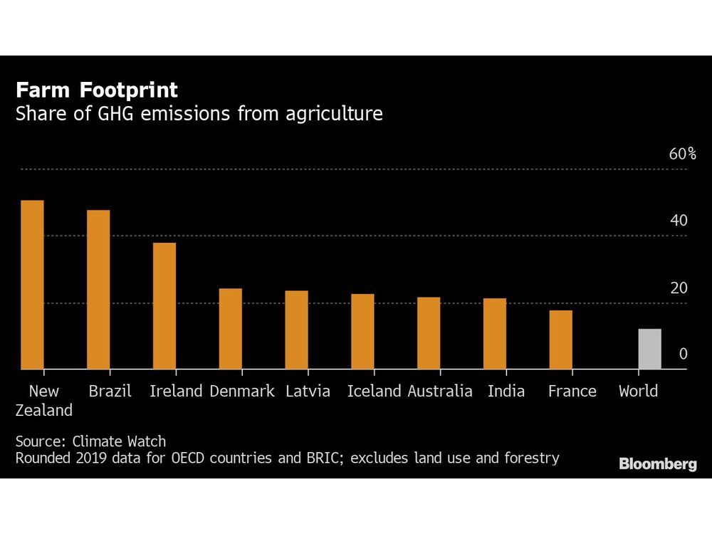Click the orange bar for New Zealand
click(32, 285)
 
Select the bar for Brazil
click(98, 290)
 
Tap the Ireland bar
click(164, 306)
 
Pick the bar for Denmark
click(230, 329)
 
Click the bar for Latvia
click(296, 330)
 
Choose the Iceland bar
click(362, 332)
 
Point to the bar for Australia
click(429, 333)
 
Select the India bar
click(494, 334)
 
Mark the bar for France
click(560, 340)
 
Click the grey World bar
click(649, 349)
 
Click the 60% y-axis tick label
click(681, 155)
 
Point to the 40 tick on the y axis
click(679, 221)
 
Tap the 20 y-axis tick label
click(679, 288)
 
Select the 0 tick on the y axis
click(683, 354)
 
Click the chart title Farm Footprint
click(97, 90)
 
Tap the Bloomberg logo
click(657, 464)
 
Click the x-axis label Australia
click(439, 391)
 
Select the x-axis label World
click(638, 391)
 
